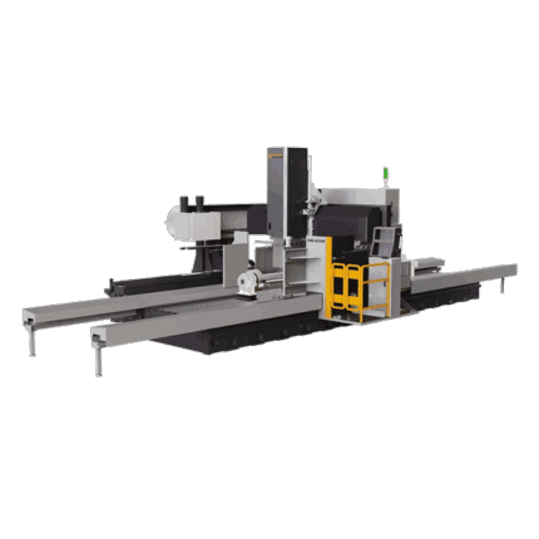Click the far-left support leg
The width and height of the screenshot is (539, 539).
tap(33, 342)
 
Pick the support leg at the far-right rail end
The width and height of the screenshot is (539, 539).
tap(502, 284)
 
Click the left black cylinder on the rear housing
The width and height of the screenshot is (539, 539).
tap(184, 203)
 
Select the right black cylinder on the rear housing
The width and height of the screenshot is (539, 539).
tap(199, 202)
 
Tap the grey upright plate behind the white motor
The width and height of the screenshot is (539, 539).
tap(234, 266)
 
